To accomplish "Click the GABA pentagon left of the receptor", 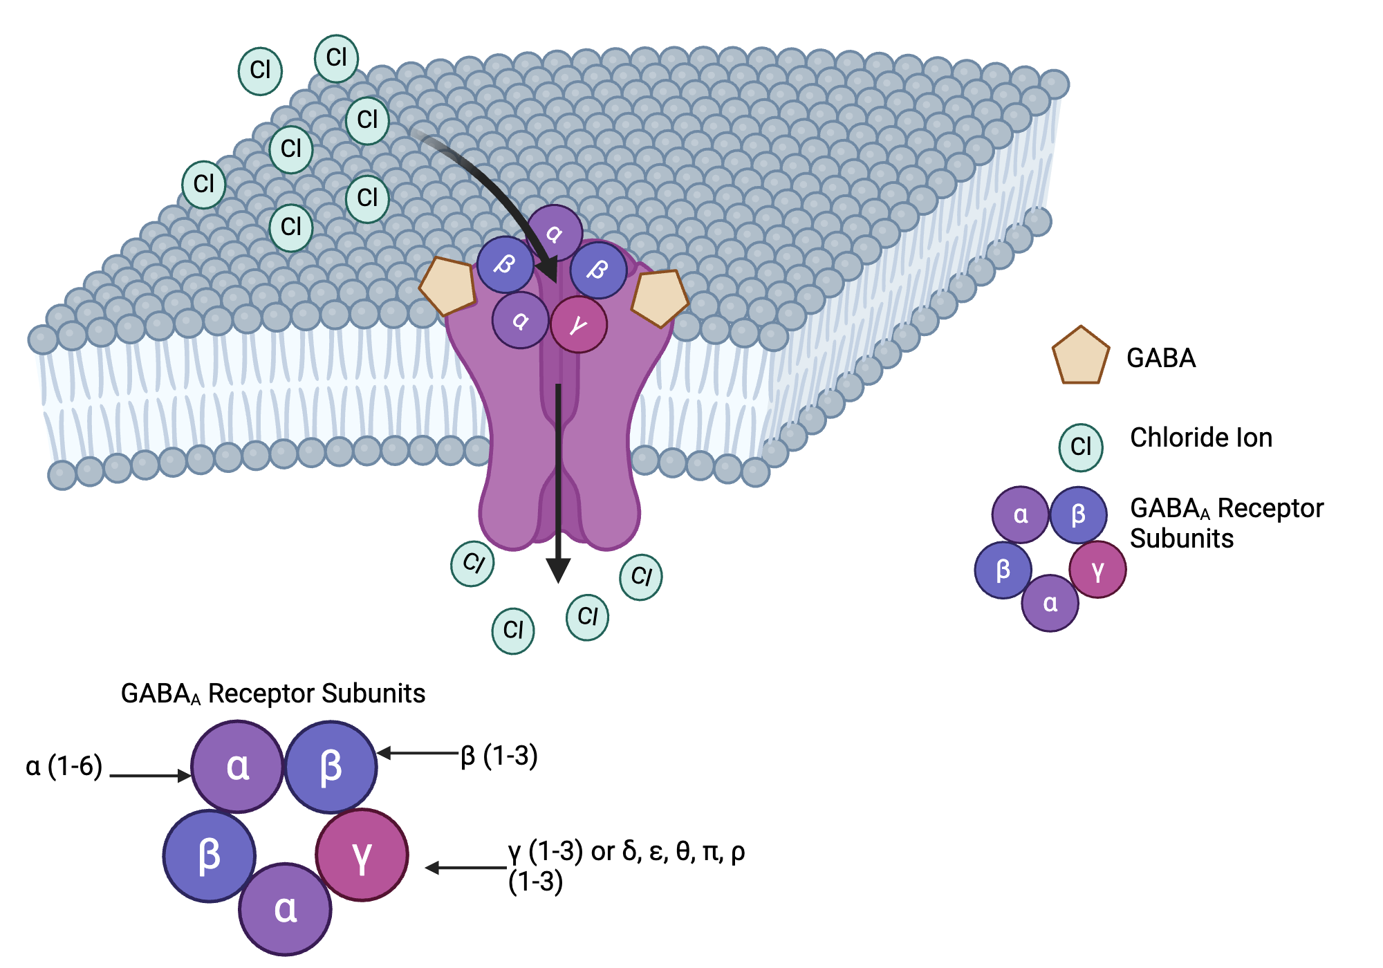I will (448, 286).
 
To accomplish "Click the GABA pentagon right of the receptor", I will (660, 297).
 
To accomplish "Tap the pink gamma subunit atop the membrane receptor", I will (579, 324).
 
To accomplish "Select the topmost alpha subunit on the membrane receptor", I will (554, 232).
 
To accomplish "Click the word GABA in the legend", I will (1160, 358).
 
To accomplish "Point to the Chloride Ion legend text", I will (1200, 438).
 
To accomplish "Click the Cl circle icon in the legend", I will (1080, 447).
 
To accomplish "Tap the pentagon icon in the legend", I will (1080, 357).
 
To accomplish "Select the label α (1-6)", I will (64, 766).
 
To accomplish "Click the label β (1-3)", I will (499, 756).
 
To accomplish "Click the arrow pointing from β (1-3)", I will (418, 753).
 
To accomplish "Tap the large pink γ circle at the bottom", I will (362, 855).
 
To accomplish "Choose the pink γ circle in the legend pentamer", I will (1097, 570).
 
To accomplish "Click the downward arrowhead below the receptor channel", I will (558, 570).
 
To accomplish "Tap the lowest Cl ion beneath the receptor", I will (513, 631).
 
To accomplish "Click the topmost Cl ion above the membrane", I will (336, 58).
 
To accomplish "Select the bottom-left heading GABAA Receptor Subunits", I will (272, 694).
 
